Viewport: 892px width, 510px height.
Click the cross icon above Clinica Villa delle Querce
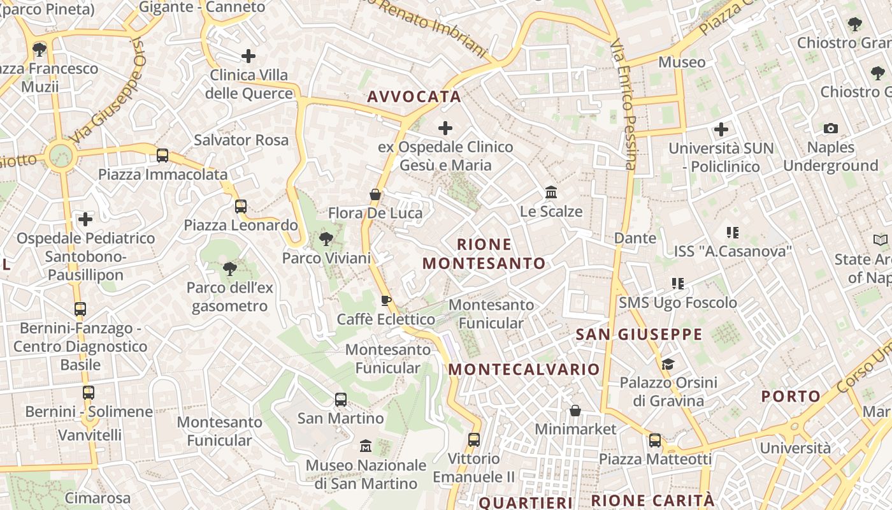coord(248,56)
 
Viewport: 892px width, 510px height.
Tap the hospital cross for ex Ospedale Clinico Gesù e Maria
coord(445,128)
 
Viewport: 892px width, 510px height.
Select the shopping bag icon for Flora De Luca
coord(375,194)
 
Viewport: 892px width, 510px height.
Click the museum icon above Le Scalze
coord(551,192)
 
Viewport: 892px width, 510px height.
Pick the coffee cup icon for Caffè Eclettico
coord(385,300)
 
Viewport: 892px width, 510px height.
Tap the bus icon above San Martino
coord(341,400)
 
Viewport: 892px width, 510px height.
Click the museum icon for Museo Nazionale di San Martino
coord(366,446)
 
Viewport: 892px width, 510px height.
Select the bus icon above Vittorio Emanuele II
coord(473,439)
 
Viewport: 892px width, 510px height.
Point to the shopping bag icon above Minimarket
coord(575,410)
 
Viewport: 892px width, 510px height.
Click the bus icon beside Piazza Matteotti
coord(655,440)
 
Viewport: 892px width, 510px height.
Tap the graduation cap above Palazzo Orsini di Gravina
coord(668,364)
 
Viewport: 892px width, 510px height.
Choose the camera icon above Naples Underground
coord(830,129)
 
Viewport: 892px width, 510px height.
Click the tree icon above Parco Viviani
coord(326,239)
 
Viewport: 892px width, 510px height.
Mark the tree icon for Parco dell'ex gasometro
coord(229,268)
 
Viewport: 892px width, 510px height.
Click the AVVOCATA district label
coord(414,97)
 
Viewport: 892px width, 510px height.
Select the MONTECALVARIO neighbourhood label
coord(524,370)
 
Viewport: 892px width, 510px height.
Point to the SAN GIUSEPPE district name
coord(639,335)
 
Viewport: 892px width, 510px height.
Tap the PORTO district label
coord(791,397)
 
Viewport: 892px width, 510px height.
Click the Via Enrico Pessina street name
coord(623,105)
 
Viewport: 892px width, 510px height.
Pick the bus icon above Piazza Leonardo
coord(240,206)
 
